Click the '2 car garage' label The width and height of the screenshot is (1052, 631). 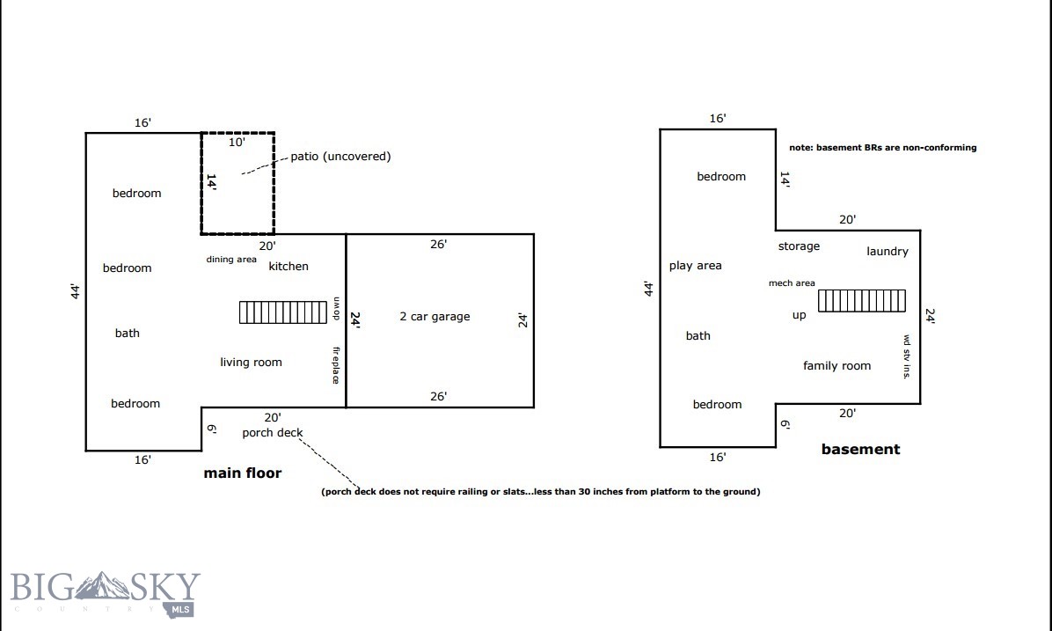pyautogui.click(x=435, y=317)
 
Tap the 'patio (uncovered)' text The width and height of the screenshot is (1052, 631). pyautogui.click(x=340, y=157)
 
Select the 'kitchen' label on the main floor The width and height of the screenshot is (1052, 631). pyautogui.click(x=289, y=267)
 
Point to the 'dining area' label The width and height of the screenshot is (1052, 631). pyautogui.click(x=231, y=260)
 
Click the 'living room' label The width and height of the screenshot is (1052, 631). pyautogui.click(x=251, y=363)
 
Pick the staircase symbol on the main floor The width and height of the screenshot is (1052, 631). pyautogui.click(x=283, y=312)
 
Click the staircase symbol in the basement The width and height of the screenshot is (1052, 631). pyautogui.click(x=861, y=301)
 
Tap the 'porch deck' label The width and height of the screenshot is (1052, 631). pyautogui.click(x=273, y=433)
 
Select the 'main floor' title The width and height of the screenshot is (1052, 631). pyautogui.click(x=243, y=473)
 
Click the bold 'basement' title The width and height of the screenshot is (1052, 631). pyautogui.click(x=860, y=450)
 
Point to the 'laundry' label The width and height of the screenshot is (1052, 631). pyautogui.click(x=887, y=252)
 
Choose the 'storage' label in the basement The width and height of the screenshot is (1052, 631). pyautogui.click(x=799, y=246)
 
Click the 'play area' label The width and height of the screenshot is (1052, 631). pyautogui.click(x=695, y=266)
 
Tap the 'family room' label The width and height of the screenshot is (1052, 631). pyautogui.click(x=836, y=366)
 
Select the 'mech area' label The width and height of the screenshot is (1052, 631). pyautogui.click(x=792, y=283)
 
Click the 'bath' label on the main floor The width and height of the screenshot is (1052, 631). pyautogui.click(x=128, y=334)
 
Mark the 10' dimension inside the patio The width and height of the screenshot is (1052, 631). pyautogui.click(x=237, y=142)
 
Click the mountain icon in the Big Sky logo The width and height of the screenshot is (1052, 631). pyautogui.click(x=106, y=585)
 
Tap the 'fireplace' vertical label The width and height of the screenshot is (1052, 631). pyautogui.click(x=335, y=365)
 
